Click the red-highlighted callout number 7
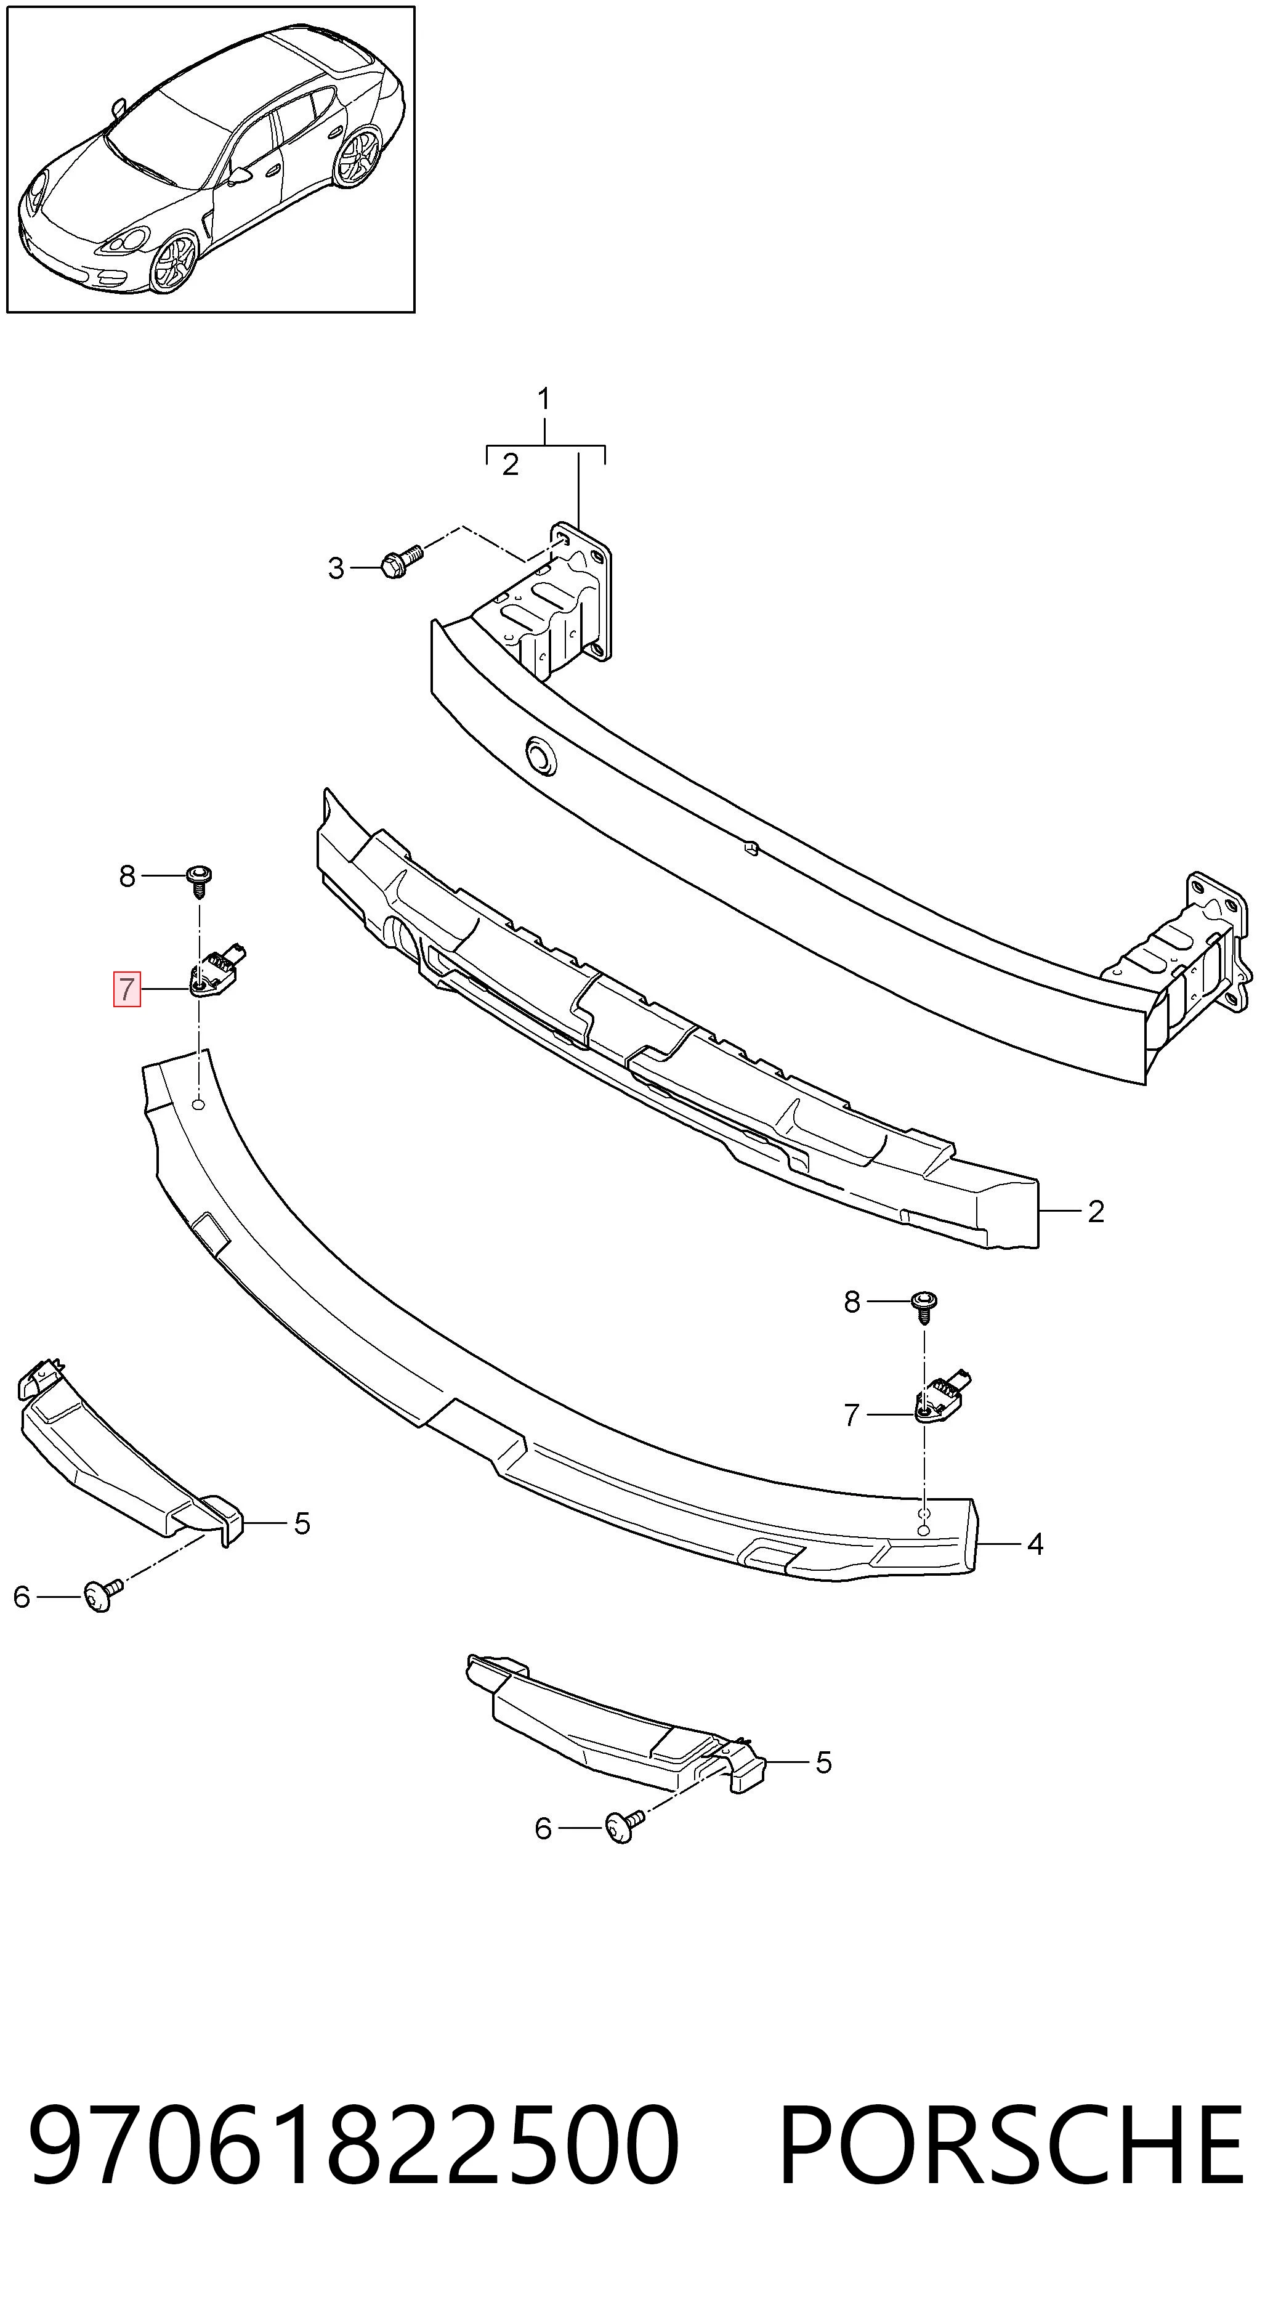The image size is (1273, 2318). [126, 989]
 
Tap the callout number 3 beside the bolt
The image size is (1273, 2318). [336, 568]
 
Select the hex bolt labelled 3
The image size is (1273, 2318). [400, 561]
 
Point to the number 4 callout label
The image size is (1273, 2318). [1035, 1544]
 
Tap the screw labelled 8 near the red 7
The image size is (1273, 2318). [200, 879]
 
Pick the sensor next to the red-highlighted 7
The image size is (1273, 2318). [217, 972]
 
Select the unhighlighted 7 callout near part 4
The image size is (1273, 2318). [852, 1416]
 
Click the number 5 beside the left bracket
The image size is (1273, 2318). [302, 1523]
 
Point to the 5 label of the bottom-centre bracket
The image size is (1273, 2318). [824, 1763]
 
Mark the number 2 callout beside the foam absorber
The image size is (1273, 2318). [1096, 1212]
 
